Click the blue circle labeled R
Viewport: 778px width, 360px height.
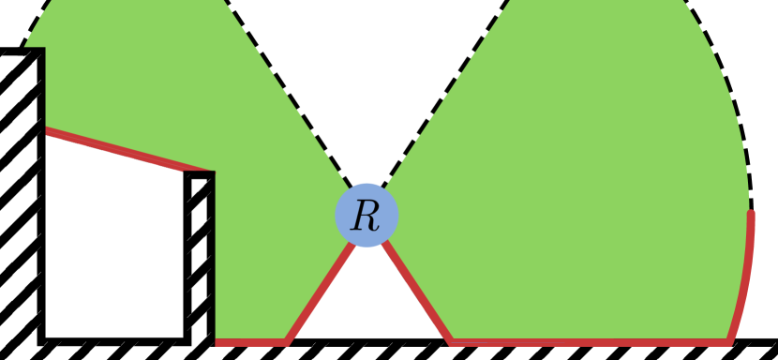tap(367, 215)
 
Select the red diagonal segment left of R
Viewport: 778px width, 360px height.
tap(319, 292)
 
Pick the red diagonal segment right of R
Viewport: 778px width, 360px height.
tap(418, 292)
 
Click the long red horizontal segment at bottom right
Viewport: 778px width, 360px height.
tap(591, 342)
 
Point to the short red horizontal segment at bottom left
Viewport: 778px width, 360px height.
tap(250, 342)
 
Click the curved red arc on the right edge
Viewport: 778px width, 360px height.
tap(746, 281)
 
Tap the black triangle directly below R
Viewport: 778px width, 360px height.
tap(367, 309)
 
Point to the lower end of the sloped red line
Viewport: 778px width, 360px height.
tap(213, 172)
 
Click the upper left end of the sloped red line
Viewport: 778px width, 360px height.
tap(46, 129)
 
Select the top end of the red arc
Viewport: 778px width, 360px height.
tap(752, 214)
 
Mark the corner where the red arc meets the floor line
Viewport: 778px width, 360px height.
tap(729, 341)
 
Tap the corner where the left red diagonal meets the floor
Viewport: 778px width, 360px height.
tap(287, 341)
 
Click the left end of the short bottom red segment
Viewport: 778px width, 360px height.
tap(217, 342)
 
